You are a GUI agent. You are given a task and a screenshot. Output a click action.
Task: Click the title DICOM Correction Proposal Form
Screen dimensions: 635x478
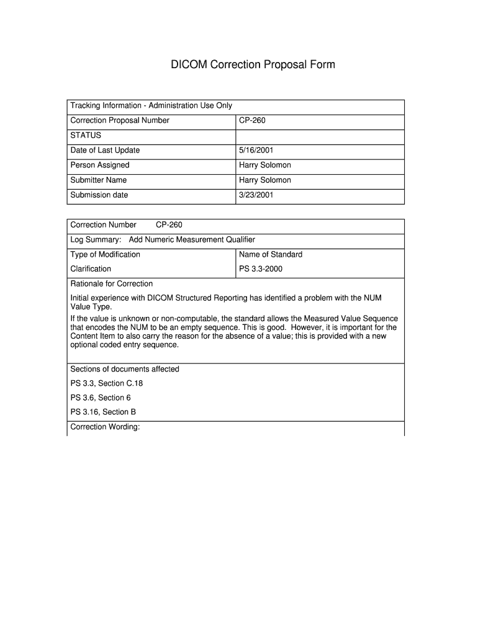click(253, 64)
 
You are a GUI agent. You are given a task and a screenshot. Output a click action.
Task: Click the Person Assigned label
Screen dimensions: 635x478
click(100, 165)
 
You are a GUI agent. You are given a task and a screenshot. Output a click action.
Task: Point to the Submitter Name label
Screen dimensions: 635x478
click(99, 180)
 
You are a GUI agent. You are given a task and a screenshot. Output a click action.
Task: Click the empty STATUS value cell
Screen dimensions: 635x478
click(319, 135)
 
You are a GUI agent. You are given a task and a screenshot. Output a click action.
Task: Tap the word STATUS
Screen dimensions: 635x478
click(86, 135)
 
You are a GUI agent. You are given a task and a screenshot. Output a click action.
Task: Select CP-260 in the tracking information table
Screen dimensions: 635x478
click(252, 120)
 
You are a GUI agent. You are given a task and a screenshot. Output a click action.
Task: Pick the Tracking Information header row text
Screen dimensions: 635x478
click(151, 105)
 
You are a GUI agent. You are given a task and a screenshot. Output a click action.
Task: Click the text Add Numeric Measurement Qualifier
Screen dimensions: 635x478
click(192, 239)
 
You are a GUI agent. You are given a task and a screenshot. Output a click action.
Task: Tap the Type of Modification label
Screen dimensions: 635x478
click(106, 254)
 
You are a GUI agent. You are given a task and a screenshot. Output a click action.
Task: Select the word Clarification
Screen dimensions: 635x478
click(91, 269)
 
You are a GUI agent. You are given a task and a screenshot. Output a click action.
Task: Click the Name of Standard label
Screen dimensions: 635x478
click(271, 254)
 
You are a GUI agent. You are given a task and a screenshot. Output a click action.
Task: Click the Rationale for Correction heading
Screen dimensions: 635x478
click(112, 283)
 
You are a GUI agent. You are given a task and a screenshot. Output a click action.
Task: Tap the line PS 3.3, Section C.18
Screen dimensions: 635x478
click(107, 383)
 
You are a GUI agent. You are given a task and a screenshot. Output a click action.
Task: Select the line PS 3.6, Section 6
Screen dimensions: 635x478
click(101, 397)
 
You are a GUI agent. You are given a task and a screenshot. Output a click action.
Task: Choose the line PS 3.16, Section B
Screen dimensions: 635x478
click(103, 412)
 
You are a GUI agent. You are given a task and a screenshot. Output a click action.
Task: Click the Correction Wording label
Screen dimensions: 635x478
click(105, 427)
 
